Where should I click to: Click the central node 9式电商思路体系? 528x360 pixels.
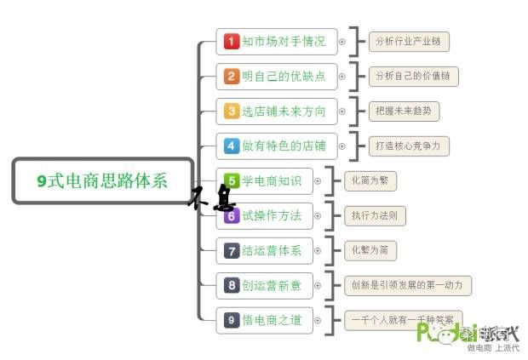click(102, 180)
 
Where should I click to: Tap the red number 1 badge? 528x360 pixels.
click(232, 41)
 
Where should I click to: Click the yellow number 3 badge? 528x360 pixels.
click(232, 111)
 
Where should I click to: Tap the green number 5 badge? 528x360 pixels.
click(232, 180)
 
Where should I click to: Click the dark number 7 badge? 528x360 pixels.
click(232, 250)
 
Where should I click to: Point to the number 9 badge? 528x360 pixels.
click(232, 320)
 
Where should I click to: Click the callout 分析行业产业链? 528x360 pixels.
click(409, 41)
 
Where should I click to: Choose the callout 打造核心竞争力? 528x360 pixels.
click(409, 146)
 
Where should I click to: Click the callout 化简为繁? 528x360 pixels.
click(370, 180)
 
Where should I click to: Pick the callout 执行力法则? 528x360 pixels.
click(375, 215)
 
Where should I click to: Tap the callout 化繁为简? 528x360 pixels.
click(370, 250)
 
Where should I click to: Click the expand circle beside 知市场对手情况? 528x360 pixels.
click(342, 41)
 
